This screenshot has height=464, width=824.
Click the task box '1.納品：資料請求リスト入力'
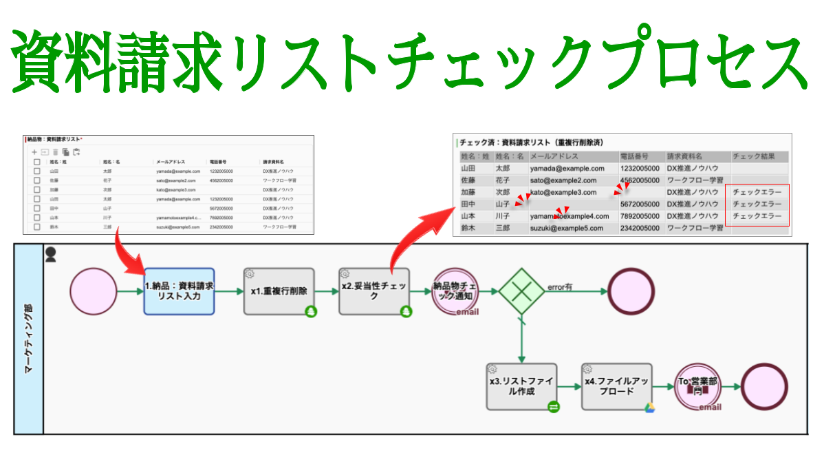pyautogui.click(x=179, y=291)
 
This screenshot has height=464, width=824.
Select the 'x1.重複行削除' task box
pyautogui.click(x=279, y=291)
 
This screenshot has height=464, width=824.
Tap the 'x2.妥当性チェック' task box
pyautogui.click(x=374, y=291)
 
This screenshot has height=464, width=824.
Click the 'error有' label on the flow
pyautogui.click(x=560, y=286)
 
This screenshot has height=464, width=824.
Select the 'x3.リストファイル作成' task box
pyautogui.click(x=521, y=386)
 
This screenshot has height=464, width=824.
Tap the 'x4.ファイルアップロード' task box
pyautogui.click(x=616, y=386)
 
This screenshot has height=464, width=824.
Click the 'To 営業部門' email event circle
pyautogui.click(x=697, y=386)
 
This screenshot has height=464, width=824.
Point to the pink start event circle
pyautogui.click(x=93, y=291)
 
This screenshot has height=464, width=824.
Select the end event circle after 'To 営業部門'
pyautogui.click(x=764, y=386)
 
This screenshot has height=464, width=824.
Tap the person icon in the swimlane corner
pyautogui.click(x=51, y=255)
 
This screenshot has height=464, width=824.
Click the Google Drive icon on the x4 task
pyautogui.click(x=649, y=408)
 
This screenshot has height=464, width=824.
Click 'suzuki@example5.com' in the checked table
pyautogui.click(x=566, y=229)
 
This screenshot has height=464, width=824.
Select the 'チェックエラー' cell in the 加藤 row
pyautogui.click(x=757, y=192)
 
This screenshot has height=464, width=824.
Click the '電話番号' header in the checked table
pyautogui.click(x=638, y=156)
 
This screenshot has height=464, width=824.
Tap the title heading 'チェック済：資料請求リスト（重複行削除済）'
pyautogui.click(x=531, y=143)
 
